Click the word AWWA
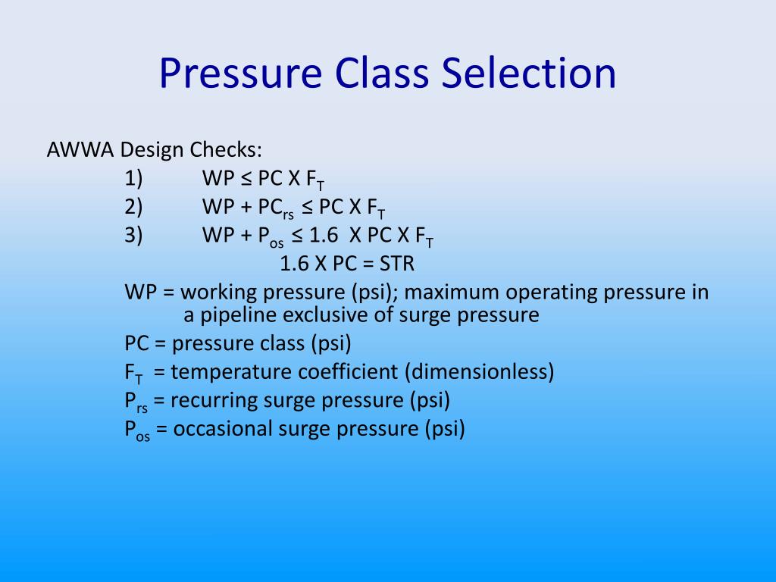80,149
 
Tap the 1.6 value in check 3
326,235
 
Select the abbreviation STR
397,264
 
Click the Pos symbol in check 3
269,236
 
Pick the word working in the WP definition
215,292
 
